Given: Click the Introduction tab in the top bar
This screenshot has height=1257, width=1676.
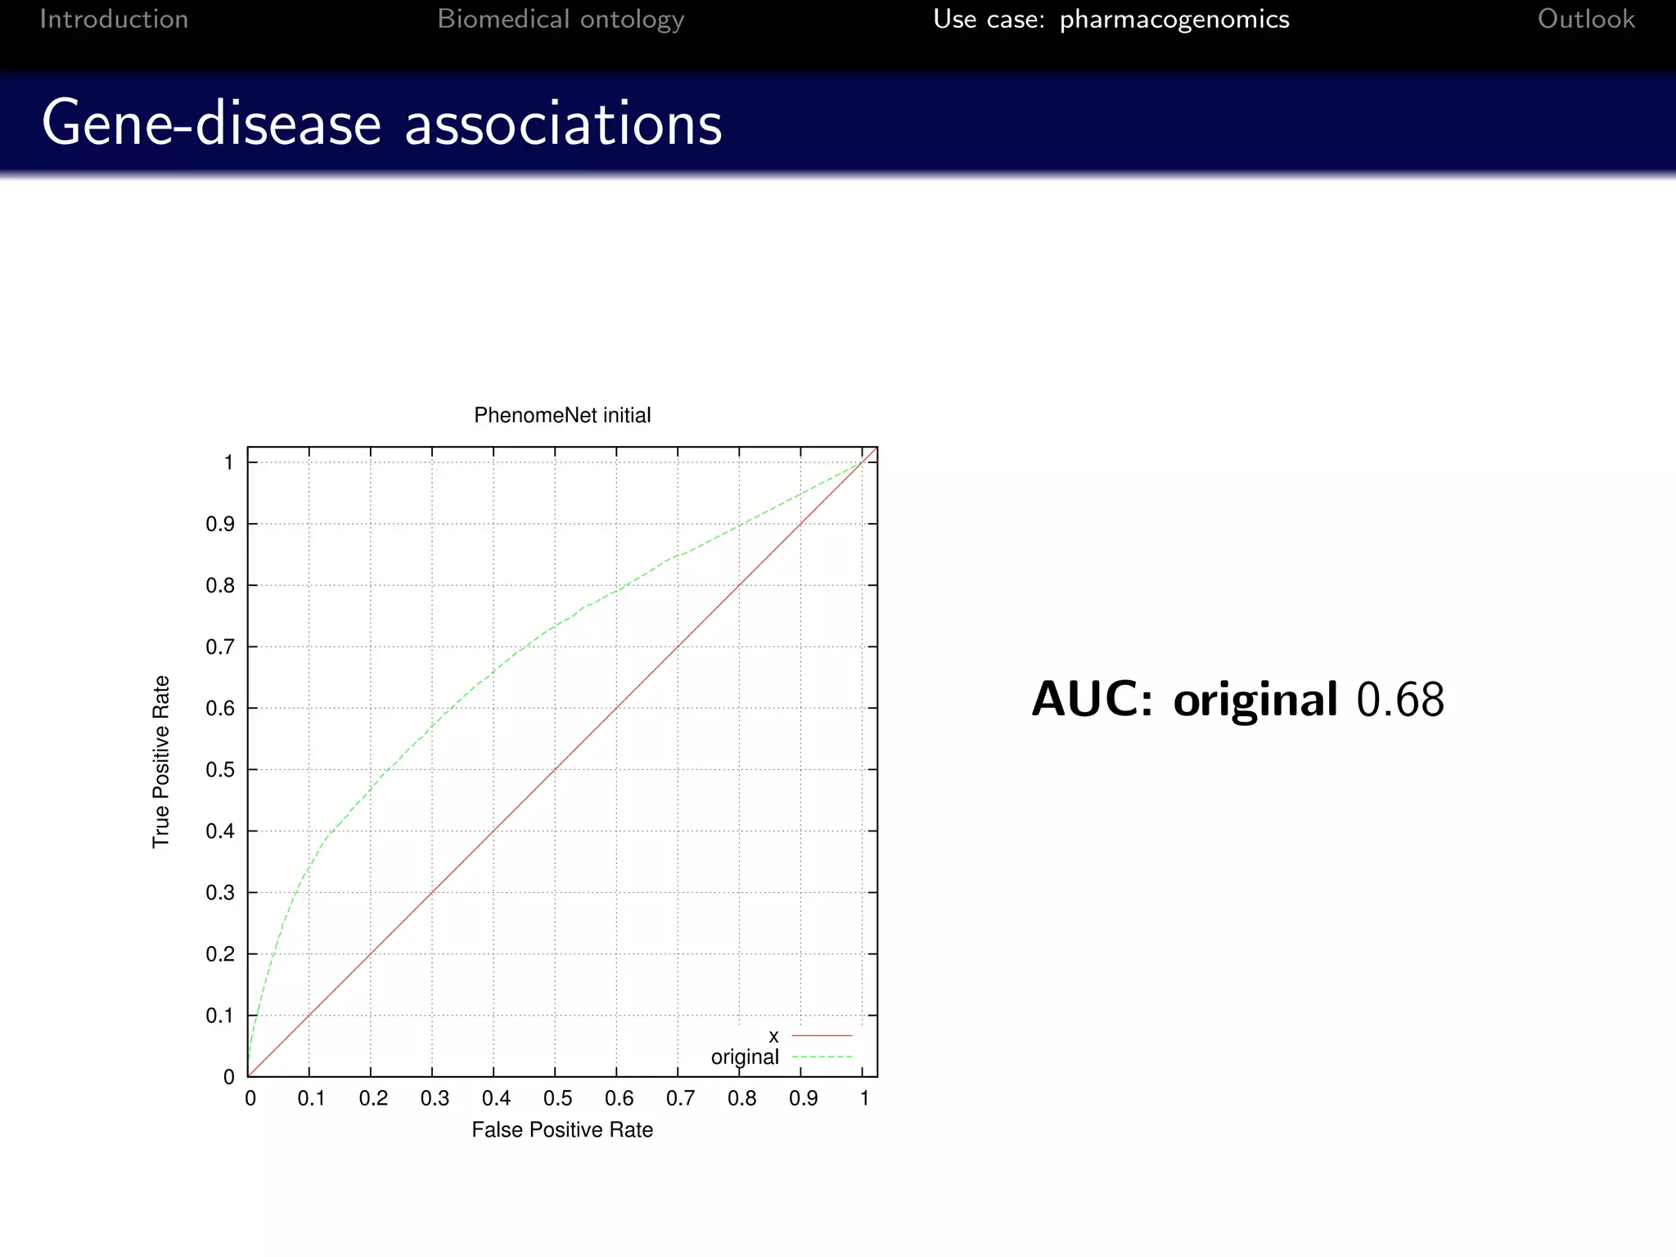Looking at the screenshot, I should point(114,19).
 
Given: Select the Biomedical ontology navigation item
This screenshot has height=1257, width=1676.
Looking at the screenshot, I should point(561,19).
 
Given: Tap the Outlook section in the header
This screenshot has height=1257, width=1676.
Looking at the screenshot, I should point(1585,19).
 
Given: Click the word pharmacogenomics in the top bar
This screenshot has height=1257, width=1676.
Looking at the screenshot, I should point(1174,19).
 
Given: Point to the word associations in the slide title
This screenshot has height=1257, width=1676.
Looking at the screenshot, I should point(563,124).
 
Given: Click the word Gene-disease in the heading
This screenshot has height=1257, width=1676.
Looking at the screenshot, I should point(211,124).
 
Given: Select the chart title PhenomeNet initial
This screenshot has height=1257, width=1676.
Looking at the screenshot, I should point(562,415).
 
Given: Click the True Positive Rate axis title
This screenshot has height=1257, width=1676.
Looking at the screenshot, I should point(161,761).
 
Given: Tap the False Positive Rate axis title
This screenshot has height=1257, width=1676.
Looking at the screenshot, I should point(562,1129).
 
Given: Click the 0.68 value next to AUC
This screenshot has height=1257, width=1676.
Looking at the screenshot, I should point(1400,700).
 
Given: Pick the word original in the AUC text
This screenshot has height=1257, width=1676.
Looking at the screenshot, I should point(1255,700).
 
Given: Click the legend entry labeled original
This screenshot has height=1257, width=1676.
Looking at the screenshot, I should point(745,1057).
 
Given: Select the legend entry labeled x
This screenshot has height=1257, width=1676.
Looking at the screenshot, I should point(773,1037).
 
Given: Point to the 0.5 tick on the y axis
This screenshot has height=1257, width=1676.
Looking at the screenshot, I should point(219,770).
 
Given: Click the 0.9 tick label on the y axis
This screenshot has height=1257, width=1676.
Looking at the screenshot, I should point(219,524).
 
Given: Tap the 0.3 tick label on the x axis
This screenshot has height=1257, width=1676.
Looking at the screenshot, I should point(434,1098).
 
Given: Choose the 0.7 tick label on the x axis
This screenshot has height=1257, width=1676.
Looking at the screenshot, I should point(679,1098).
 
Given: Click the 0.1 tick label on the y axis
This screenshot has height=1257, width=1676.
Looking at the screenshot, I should point(219,1016).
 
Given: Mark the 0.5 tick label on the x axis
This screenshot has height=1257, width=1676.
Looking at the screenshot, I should point(556,1098).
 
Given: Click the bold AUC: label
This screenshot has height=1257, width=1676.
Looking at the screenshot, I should point(1092,700).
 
